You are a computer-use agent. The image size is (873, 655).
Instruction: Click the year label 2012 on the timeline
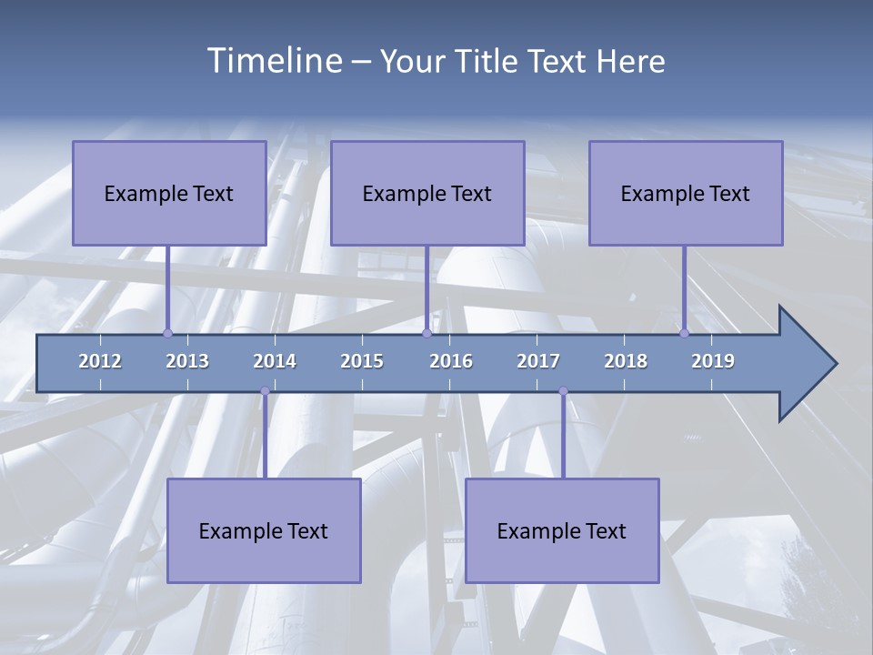(x=100, y=361)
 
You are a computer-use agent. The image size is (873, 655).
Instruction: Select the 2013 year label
(x=187, y=361)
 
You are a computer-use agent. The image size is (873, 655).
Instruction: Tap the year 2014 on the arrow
(x=275, y=361)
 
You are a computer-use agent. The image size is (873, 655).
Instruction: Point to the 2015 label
(x=362, y=361)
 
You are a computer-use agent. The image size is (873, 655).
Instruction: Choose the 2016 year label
(x=451, y=361)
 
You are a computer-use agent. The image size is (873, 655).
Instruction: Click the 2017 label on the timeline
(x=538, y=361)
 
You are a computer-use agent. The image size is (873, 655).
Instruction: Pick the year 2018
(x=626, y=361)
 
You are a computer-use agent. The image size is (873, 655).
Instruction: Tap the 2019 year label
(x=713, y=361)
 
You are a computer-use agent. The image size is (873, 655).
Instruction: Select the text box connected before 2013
(x=169, y=193)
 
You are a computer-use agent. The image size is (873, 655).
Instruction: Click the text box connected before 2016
(x=427, y=193)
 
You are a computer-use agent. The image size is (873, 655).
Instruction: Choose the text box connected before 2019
(x=686, y=193)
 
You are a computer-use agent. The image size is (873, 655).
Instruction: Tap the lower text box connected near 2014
(x=264, y=530)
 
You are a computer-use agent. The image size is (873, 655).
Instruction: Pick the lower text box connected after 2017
(x=562, y=530)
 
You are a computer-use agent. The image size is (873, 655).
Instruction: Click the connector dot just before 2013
(x=168, y=333)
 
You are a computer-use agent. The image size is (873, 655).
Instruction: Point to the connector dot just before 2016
(x=426, y=333)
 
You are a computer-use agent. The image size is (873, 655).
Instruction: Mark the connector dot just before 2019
(x=685, y=333)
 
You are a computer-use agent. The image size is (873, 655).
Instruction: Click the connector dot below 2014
(x=265, y=391)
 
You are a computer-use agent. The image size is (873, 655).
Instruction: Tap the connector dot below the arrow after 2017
(x=563, y=391)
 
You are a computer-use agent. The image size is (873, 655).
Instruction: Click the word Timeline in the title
(x=274, y=60)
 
